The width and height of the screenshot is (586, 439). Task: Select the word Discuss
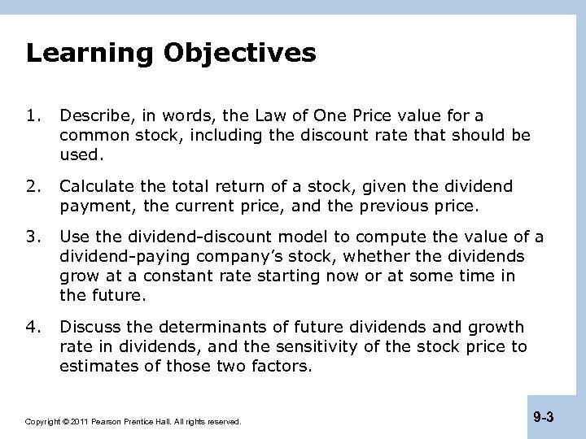point(88,327)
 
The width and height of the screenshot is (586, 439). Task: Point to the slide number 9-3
point(544,418)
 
